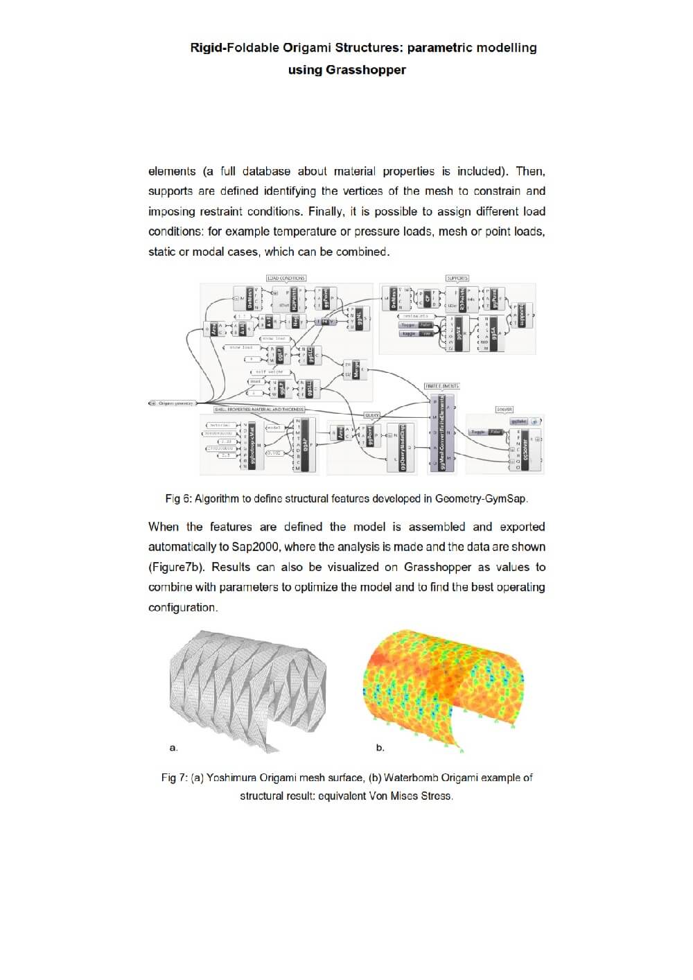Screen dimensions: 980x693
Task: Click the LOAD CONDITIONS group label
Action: (x=286, y=278)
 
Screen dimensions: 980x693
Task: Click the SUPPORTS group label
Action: (x=457, y=278)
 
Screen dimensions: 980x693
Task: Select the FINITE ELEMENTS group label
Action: (x=441, y=386)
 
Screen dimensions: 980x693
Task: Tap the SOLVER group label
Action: (x=505, y=410)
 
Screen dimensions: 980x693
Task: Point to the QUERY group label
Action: (x=371, y=415)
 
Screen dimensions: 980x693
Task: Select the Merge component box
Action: (x=356, y=369)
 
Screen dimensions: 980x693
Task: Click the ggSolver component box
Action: (x=525, y=448)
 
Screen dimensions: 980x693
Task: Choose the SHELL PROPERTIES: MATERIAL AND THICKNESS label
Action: (x=259, y=410)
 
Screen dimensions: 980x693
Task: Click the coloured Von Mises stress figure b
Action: (x=444, y=686)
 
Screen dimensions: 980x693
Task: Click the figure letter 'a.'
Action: (x=173, y=747)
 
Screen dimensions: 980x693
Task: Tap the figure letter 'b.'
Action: (x=380, y=747)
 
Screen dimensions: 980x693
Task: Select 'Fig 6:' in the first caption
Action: (x=178, y=498)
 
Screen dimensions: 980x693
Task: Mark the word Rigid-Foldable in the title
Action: (x=234, y=48)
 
